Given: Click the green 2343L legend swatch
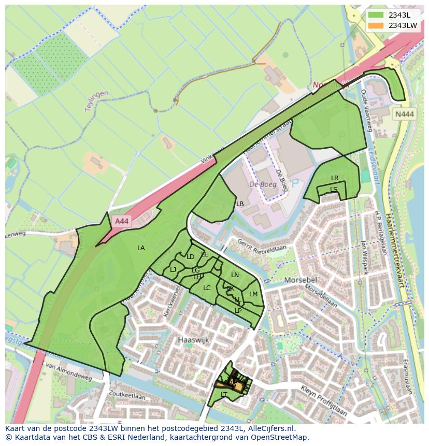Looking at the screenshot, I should coord(376,15).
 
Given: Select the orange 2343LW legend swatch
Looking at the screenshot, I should coord(376,25).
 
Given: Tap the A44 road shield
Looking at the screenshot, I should coord(122,221).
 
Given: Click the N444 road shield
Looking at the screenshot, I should coord(404,115).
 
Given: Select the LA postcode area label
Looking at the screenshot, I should coord(141,248).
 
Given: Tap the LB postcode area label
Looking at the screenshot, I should coord(240,204).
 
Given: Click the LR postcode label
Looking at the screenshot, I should coord(335,178).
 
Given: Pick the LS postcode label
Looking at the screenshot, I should coord(334,189).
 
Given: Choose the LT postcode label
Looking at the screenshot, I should coord(224,394).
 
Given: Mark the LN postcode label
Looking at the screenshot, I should coord(235,275).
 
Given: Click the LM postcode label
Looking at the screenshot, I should coord(253,294).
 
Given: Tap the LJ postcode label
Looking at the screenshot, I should coord(173,269).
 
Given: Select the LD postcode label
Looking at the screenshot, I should coord(190,257).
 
